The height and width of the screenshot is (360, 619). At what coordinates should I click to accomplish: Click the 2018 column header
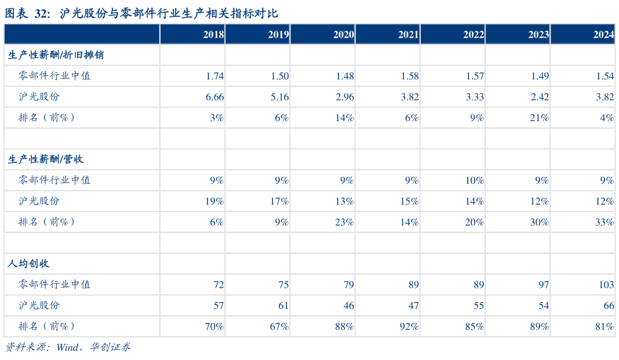(213, 35)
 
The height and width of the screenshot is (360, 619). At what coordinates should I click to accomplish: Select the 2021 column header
(408, 35)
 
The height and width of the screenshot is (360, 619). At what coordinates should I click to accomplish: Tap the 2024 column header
(603, 35)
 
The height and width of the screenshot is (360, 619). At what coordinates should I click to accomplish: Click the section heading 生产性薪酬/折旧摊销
(56, 56)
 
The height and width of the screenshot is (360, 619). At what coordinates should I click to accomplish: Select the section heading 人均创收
(29, 264)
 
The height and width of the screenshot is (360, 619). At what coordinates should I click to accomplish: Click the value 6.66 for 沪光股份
(214, 97)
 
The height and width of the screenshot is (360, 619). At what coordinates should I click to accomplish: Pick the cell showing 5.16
(279, 97)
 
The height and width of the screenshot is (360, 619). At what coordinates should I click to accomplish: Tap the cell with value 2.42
(539, 97)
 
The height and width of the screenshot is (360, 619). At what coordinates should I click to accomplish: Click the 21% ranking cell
(539, 118)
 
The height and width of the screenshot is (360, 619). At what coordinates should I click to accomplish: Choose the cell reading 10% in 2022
(474, 180)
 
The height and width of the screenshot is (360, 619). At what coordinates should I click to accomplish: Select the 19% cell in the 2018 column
(214, 201)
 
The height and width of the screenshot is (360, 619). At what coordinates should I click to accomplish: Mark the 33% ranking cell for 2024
(605, 222)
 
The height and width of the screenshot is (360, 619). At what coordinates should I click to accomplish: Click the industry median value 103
(606, 285)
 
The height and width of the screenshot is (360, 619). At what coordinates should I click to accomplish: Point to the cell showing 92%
(409, 326)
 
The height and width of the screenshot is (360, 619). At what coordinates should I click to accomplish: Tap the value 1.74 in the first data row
(214, 76)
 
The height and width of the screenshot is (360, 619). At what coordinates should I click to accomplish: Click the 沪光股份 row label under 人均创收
(39, 305)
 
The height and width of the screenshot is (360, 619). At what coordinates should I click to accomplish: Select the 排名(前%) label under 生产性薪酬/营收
(47, 222)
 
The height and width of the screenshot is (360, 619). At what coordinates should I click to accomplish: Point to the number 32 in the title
(43, 13)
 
